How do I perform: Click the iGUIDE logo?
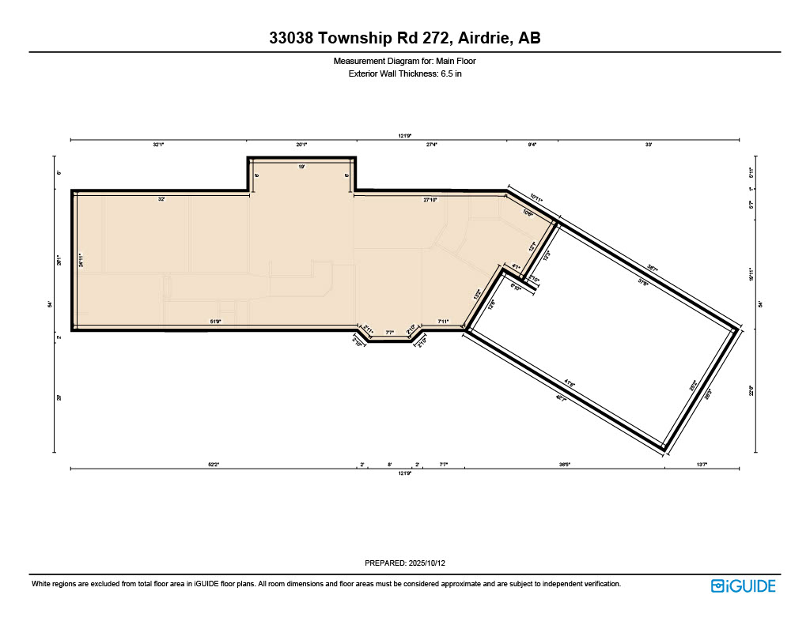click(x=743, y=585)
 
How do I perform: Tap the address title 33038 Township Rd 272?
click(x=404, y=38)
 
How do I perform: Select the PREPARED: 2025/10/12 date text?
click(x=404, y=563)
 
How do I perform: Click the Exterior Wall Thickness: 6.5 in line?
click(x=404, y=73)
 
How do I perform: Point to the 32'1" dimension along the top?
click(x=159, y=145)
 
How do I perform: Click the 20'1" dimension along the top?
click(x=301, y=145)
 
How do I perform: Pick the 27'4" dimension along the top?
click(x=432, y=145)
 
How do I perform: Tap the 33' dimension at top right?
click(x=649, y=145)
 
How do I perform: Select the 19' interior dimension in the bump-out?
click(x=301, y=167)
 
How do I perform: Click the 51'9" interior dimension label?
click(x=215, y=322)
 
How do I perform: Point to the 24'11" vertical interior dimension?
click(x=81, y=260)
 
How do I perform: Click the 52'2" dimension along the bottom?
click(x=213, y=465)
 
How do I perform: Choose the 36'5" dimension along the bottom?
click(x=565, y=465)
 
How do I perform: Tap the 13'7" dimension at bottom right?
click(x=702, y=465)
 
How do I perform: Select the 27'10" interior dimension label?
click(x=430, y=201)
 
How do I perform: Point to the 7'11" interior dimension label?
click(x=443, y=322)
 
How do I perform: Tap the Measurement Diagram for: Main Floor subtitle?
click(x=404, y=61)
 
